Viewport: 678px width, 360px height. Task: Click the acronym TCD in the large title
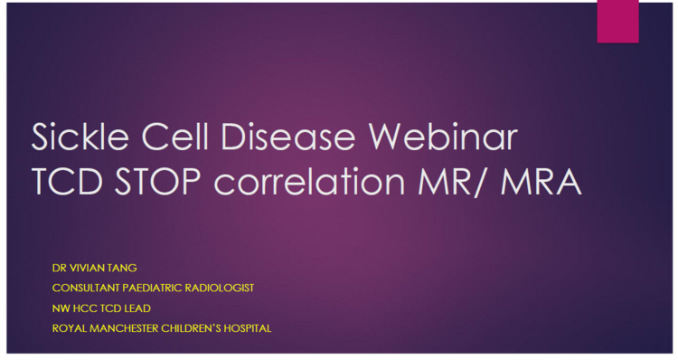click(71, 182)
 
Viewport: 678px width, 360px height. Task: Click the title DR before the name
click(61, 269)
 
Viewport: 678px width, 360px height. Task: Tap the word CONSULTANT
click(89, 288)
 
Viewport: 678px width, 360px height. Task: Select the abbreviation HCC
click(87, 308)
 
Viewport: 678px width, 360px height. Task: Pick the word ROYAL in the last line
click(70, 327)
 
